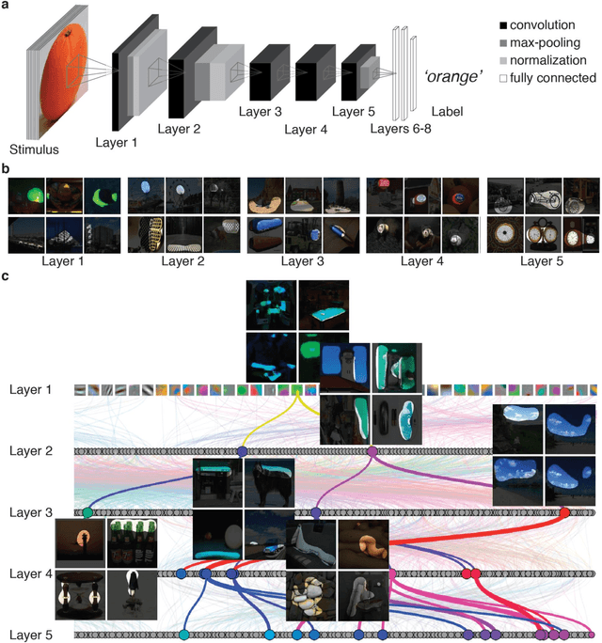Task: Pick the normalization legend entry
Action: pyautogui.click(x=549, y=61)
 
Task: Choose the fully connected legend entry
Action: pyautogui.click(x=549, y=78)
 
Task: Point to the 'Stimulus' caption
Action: pyautogui.click(x=34, y=149)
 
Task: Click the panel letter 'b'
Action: pyautogui.click(x=8, y=168)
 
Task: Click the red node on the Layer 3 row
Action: pyautogui.click(x=564, y=512)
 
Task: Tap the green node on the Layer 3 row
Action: pyautogui.click(x=87, y=512)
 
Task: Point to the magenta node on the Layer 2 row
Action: pyautogui.click(x=372, y=452)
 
